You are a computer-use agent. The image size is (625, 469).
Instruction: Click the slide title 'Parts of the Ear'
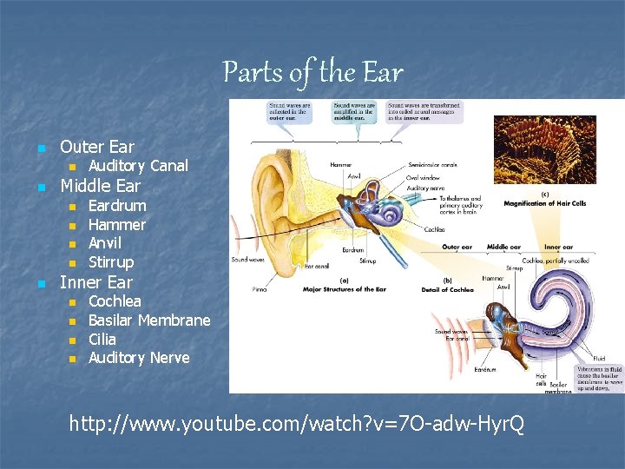click(312, 71)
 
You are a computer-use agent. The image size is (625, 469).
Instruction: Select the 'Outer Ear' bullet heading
click(96, 146)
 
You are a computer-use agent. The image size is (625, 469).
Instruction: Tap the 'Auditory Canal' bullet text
click(138, 165)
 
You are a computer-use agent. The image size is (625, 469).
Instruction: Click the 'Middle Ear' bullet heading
click(100, 185)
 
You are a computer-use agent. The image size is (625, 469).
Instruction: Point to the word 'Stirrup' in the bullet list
click(111, 261)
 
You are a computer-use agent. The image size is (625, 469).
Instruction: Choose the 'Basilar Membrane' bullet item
click(149, 320)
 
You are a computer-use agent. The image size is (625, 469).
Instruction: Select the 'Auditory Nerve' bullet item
click(139, 357)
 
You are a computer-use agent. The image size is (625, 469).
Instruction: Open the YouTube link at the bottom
click(296, 424)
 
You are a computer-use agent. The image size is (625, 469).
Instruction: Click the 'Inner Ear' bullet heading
click(95, 281)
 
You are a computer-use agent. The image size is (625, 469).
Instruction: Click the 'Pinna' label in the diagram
click(260, 288)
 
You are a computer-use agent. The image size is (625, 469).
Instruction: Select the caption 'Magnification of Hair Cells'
click(545, 203)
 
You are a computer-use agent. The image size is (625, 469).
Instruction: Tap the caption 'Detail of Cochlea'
click(448, 289)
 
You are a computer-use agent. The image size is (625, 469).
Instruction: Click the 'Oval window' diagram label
click(423, 177)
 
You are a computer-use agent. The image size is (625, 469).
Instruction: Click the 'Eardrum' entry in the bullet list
click(117, 205)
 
